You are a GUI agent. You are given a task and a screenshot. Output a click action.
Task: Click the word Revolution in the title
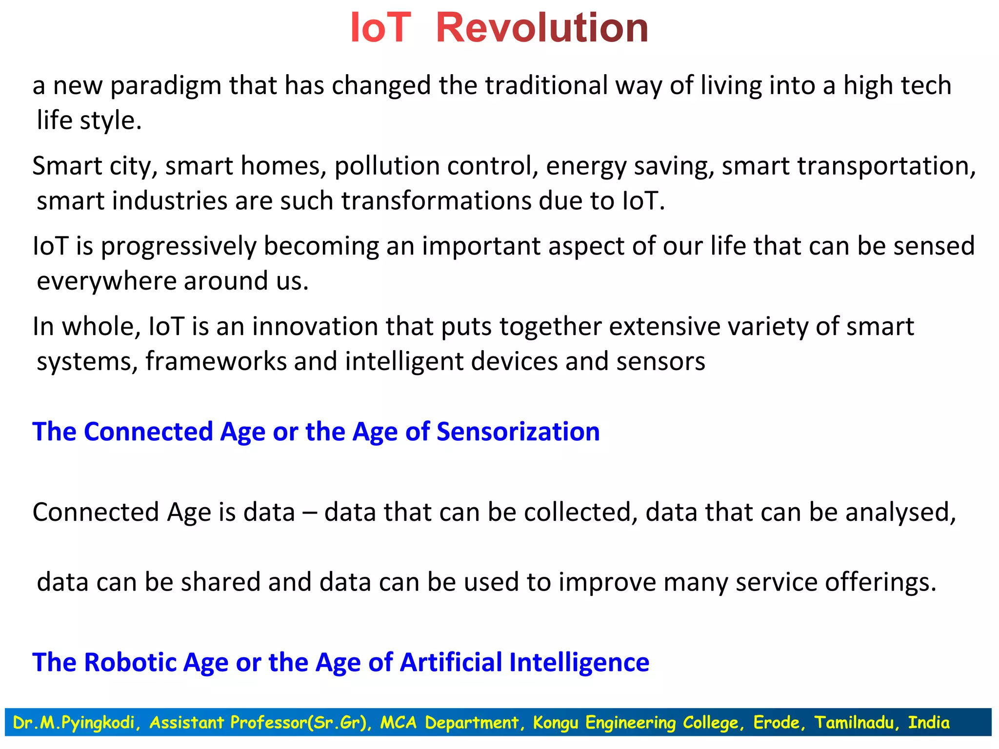pyautogui.click(x=541, y=28)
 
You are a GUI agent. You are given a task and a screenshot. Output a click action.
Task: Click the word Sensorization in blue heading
pyautogui.click(x=518, y=432)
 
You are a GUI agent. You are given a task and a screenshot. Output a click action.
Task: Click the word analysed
pyautogui.click(x=900, y=512)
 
